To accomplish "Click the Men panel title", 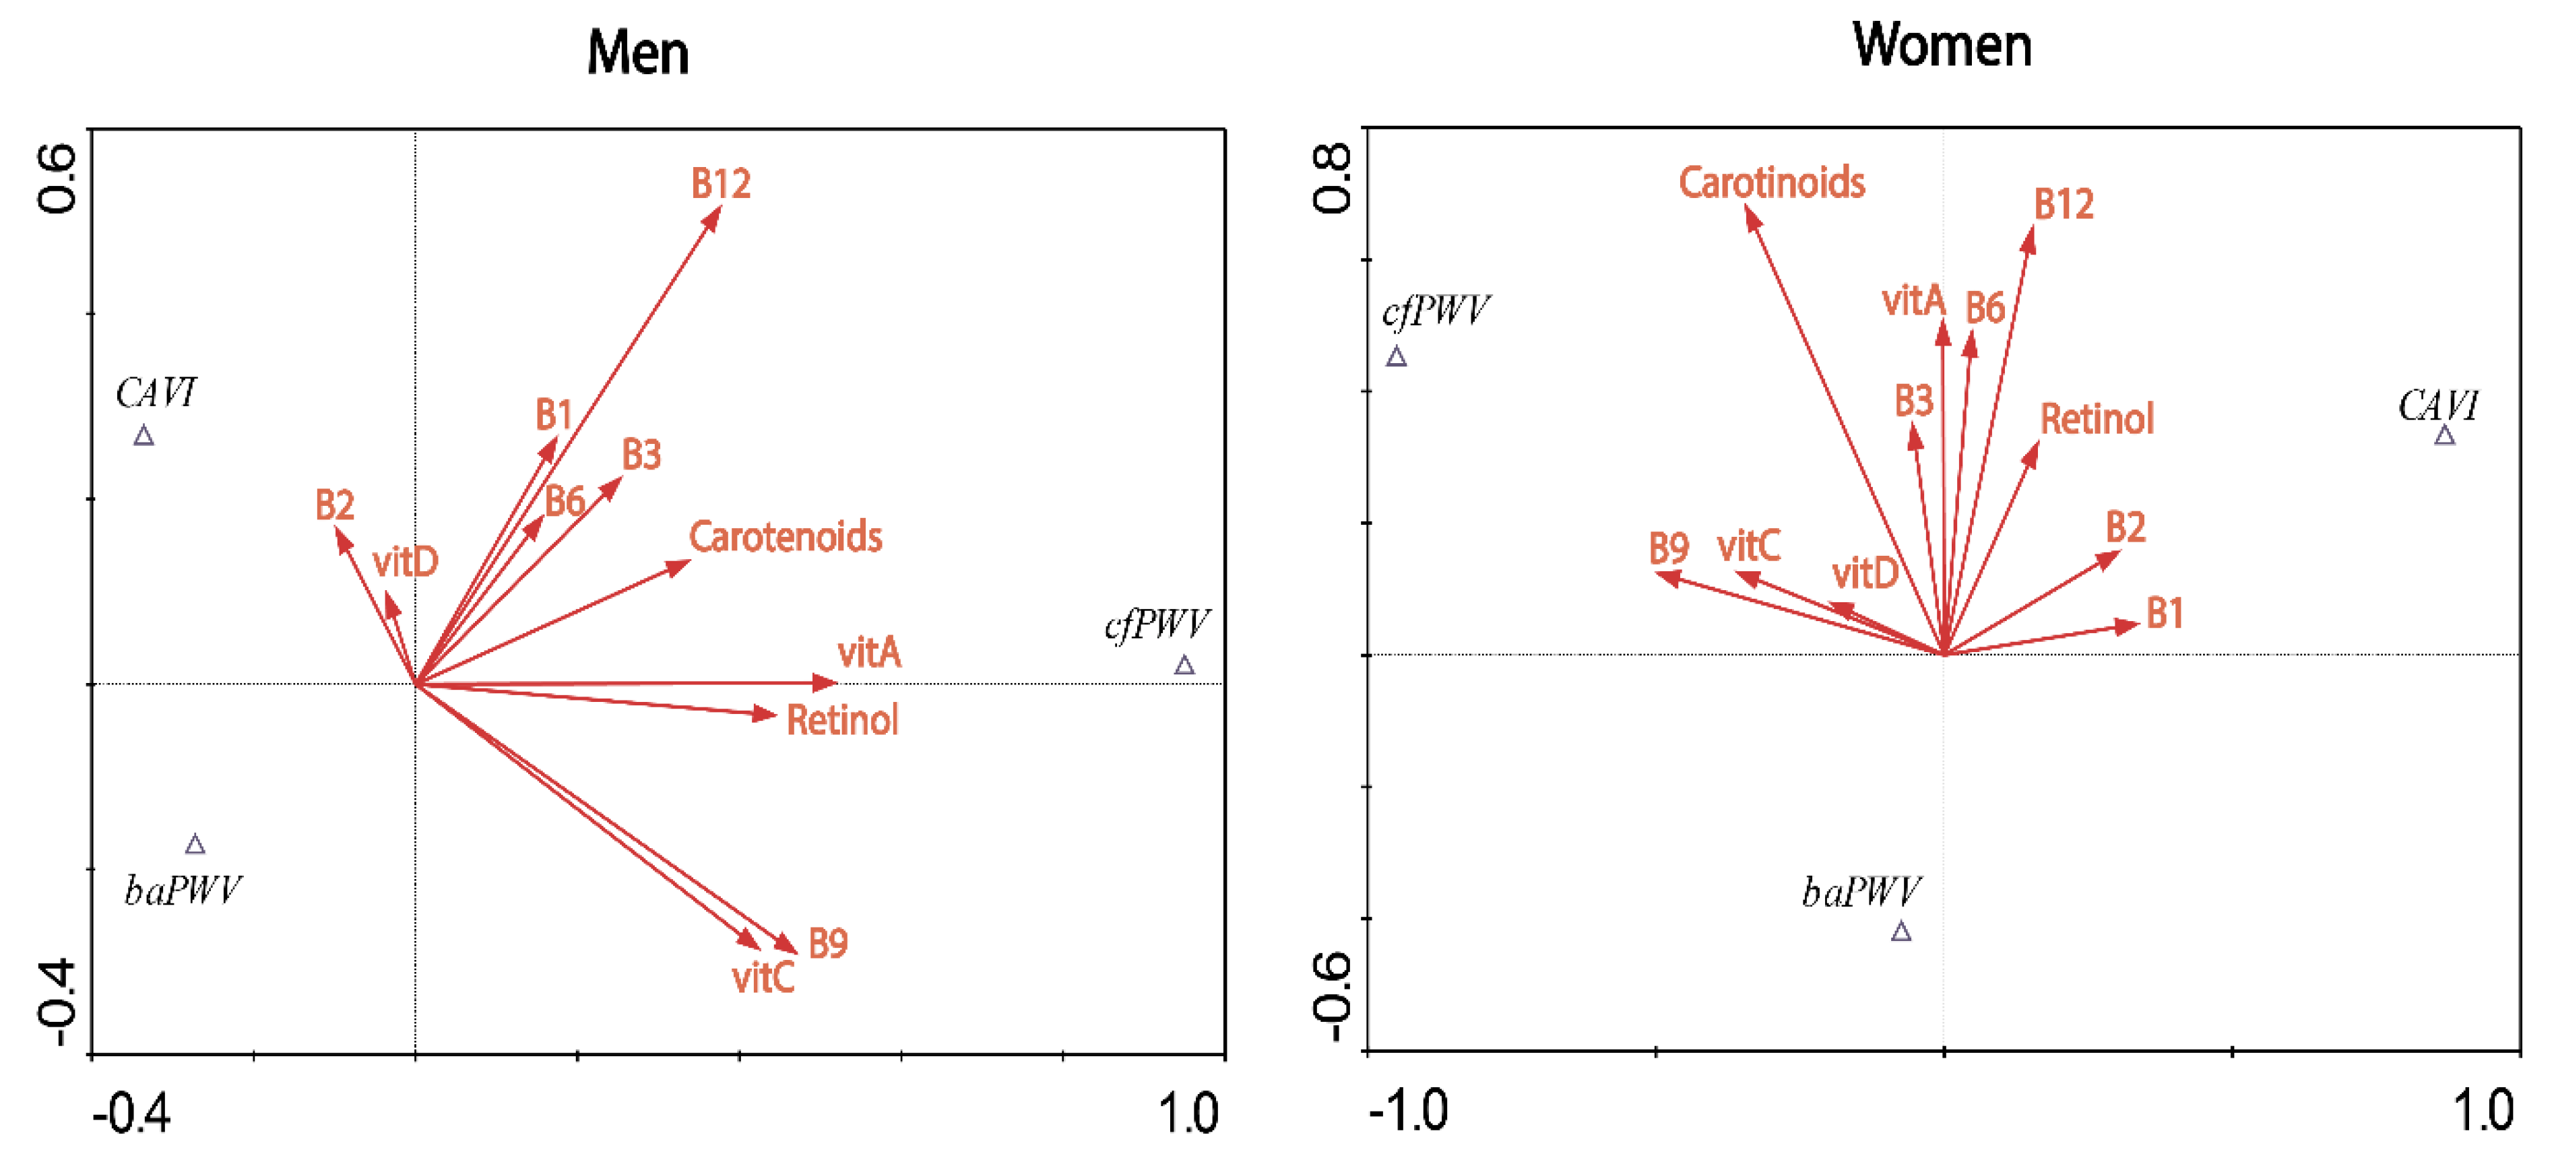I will click(x=637, y=53).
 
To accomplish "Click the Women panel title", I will click(x=1942, y=46).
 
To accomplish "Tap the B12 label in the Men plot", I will click(x=721, y=185).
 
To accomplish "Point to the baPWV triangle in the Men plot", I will click(x=195, y=845).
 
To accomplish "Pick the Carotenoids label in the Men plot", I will click(x=786, y=538).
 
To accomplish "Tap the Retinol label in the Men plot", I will click(x=841, y=721).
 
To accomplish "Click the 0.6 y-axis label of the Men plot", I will click(x=57, y=179).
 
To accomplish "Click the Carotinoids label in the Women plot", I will click(x=1770, y=183).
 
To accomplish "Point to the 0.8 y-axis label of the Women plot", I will click(x=1331, y=179).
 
